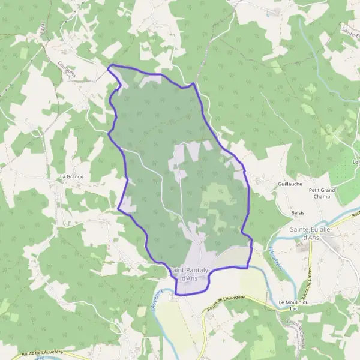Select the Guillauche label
pos(290,184)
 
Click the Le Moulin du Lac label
pos(294,305)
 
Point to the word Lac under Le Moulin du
pos(294,308)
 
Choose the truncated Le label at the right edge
pos(355,162)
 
